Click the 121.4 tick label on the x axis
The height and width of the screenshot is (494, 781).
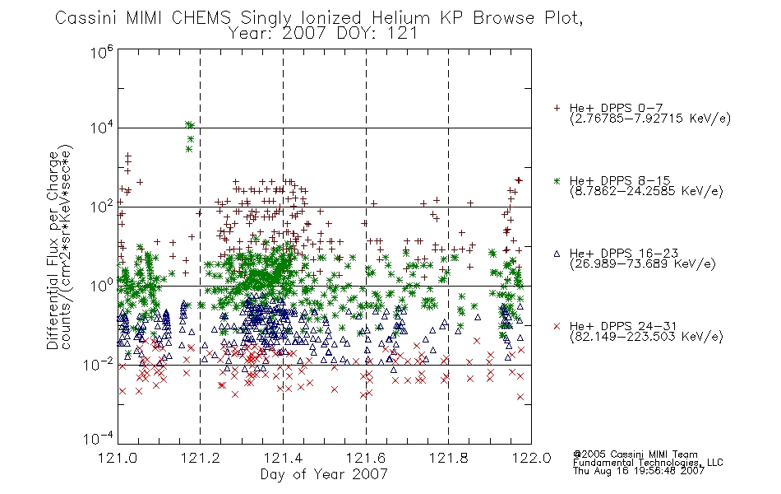tap(284, 458)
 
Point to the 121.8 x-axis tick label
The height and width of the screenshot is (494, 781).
tap(449, 458)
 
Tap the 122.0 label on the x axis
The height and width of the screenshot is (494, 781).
tap(531, 458)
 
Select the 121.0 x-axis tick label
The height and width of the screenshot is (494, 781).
tap(118, 458)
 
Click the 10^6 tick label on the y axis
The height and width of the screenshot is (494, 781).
tap(102, 52)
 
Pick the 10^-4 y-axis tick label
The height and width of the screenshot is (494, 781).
tap(98, 438)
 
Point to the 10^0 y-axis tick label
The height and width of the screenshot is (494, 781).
tap(102, 285)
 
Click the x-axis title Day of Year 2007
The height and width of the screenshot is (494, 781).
tap(324, 474)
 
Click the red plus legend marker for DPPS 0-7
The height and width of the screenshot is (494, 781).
tap(557, 108)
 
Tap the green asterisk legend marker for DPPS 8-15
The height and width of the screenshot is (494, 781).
tap(557, 180)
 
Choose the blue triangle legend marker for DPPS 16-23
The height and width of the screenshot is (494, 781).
tap(557, 254)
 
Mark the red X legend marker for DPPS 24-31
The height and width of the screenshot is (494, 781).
tap(557, 326)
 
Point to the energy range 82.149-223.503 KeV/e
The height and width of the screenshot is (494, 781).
tap(646, 337)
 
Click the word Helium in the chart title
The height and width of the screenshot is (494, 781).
tap(400, 18)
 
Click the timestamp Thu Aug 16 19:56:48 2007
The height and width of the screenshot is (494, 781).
tap(639, 471)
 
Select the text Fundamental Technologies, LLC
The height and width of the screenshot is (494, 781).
tap(648, 463)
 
